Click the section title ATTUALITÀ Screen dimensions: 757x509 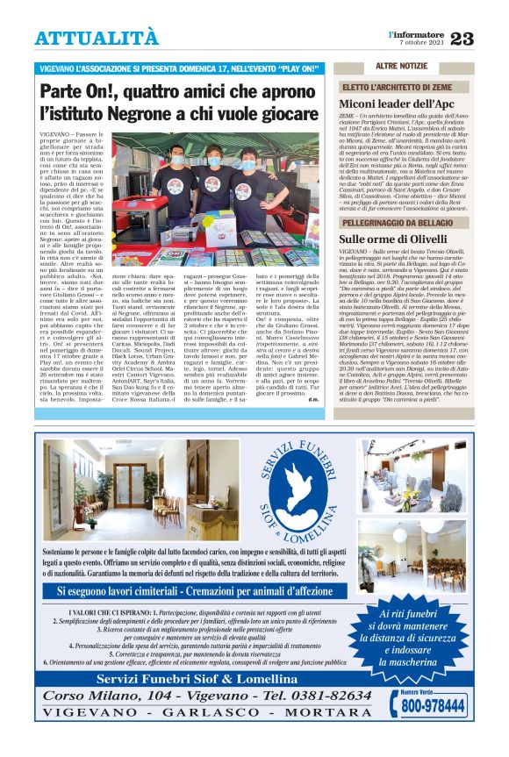pos(97,38)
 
